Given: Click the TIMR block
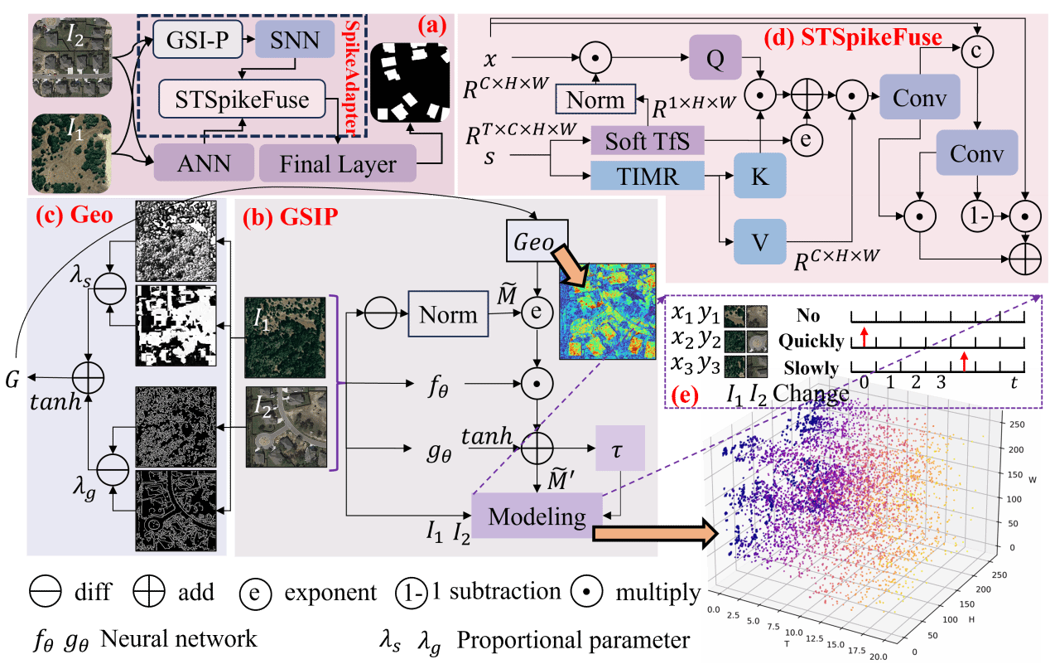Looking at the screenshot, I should pyautogui.click(x=647, y=176).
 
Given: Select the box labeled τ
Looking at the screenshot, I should pyautogui.click(x=619, y=448).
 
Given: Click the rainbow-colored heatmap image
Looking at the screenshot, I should pyautogui.click(x=606, y=311).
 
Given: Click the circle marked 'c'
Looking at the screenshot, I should pyautogui.click(x=979, y=49).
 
